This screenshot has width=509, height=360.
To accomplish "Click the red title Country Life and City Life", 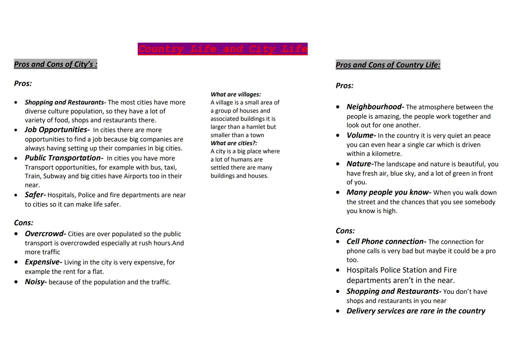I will pos(222,49).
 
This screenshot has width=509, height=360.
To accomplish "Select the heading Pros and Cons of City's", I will pos(55,64).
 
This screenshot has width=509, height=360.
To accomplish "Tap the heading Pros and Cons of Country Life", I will pos(388,65).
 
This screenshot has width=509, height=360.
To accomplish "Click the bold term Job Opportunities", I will pos(56,130).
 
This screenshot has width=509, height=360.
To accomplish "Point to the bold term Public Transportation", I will pos(63,158).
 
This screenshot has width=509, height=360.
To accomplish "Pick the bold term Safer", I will pos(34,195).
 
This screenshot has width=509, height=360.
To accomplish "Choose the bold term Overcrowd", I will pos(44,234).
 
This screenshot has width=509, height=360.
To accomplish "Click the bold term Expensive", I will pos(42,262).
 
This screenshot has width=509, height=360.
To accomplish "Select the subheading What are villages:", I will pos(235,94).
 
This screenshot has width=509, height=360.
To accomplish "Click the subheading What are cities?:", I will pos(234,143).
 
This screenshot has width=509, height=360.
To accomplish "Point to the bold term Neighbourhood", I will pos(374,107).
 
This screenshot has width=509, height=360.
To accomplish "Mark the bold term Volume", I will pos(360,135).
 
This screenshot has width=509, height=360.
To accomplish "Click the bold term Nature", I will pos(359,164).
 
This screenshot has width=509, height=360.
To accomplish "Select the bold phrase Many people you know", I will pos(388,192).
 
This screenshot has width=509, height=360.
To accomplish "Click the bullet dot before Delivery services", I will pos(338,311).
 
